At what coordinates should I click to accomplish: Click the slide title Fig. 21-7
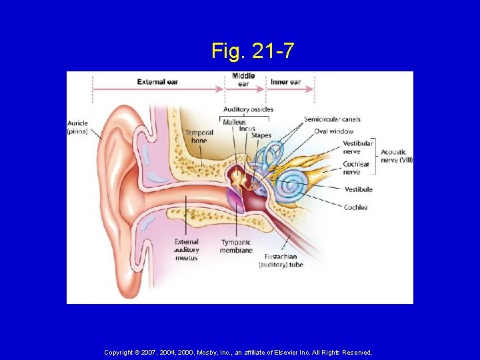pyautogui.click(x=253, y=51)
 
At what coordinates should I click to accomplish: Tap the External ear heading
pyautogui.click(x=157, y=82)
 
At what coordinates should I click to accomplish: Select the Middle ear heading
pyautogui.click(x=243, y=79)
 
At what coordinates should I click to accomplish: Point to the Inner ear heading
pyautogui.click(x=285, y=82)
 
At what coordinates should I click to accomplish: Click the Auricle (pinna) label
pyautogui.click(x=78, y=127)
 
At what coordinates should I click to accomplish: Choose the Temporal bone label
pyautogui.click(x=199, y=137)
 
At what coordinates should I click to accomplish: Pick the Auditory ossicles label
pyautogui.click(x=248, y=109)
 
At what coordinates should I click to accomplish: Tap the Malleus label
pyautogui.click(x=234, y=122)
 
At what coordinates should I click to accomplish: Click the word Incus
pyautogui.click(x=247, y=129)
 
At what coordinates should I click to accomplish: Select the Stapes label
pyautogui.click(x=261, y=135)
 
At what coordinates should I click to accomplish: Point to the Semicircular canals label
pyautogui.click(x=332, y=119)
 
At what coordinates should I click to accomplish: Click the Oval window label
pyautogui.click(x=333, y=131)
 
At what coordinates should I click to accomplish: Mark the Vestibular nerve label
pyautogui.click(x=358, y=147)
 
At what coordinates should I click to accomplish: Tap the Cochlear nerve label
pyautogui.click(x=355, y=167)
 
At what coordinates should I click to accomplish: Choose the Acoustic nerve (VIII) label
pyautogui.click(x=397, y=155)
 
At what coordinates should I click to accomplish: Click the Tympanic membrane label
pyautogui.click(x=236, y=246)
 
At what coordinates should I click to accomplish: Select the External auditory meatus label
pyautogui.click(x=187, y=249)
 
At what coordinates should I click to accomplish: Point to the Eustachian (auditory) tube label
pyautogui.click(x=281, y=260)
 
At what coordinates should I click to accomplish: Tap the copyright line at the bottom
pyautogui.click(x=238, y=352)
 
